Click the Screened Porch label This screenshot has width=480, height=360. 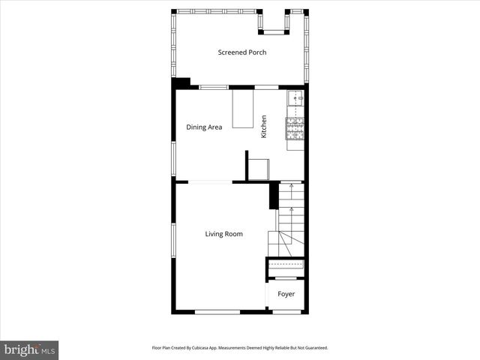pyautogui.click(x=242, y=52)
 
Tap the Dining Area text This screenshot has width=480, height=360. pyautogui.click(x=204, y=127)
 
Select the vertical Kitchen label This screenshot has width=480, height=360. pyautogui.click(x=264, y=126)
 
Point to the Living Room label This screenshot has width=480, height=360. pyautogui.click(x=224, y=234)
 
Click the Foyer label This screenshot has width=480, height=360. pyautogui.click(x=286, y=294)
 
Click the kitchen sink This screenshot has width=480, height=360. pyautogui.click(x=295, y=98)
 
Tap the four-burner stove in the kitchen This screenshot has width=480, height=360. pyautogui.click(x=295, y=129)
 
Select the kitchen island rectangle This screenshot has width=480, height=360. pyautogui.click(x=243, y=110)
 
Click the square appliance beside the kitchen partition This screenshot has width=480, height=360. pyautogui.click(x=259, y=170)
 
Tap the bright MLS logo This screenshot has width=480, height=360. pyautogui.click(x=29, y=349)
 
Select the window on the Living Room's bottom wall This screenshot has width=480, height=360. pyautogui.click(x=217, y=311)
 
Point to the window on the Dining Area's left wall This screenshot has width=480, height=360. pyautogui.click(x=174, y=158)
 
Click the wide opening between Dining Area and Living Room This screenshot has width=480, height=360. pyautogui.click(x=204, y=181)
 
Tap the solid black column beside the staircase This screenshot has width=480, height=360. pyautogui.click(x=274, y=196)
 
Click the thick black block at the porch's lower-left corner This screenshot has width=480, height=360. pyautogui.click(x=181, y=83)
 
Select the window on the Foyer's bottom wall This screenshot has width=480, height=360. pyautogui.click(x=286, y=311)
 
